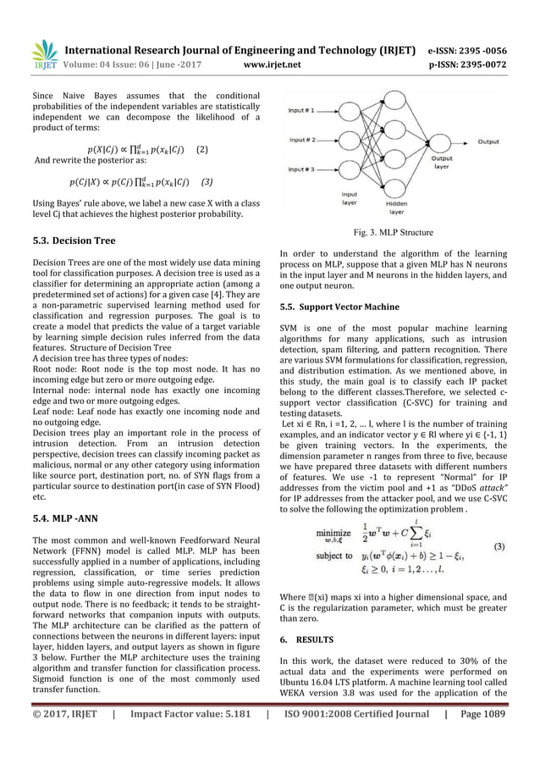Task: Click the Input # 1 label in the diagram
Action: (x=304, y=110)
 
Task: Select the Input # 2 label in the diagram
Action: (x=304, y=139)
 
